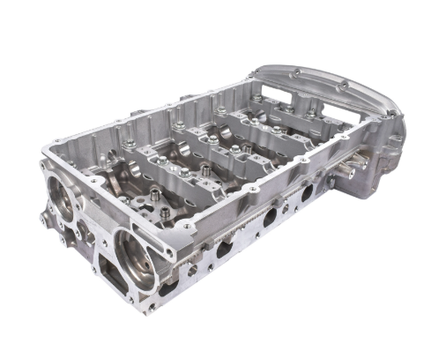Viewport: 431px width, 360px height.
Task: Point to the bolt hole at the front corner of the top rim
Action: (x=188, y=229)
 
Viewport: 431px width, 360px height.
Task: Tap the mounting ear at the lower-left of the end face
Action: (x=46, y=218)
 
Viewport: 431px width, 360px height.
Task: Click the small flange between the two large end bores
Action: (x=88, y=231)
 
